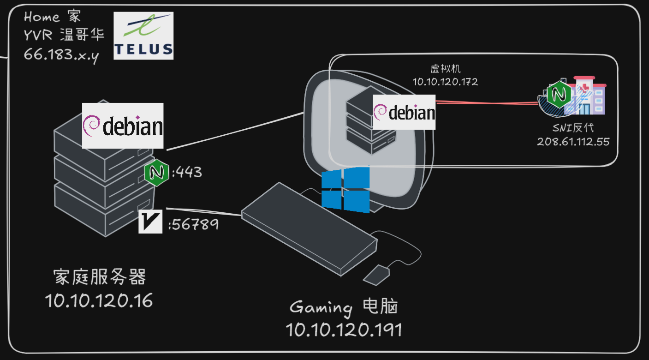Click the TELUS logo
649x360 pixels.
click(x=143, y=36)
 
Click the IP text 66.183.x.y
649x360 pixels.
click(x=61, y=54)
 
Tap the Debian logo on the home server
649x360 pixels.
click(x=123, y=126)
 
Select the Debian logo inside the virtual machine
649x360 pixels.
click(x=404, y=112)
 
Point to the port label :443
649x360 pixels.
click(x=187, y=173)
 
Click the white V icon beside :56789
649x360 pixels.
click(x=150, y=222)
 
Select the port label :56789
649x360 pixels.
click(x=193, y=225)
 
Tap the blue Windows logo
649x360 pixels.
click(x=345, y=190)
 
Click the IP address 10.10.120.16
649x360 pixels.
click(x=99, y=301)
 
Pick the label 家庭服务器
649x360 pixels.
click(x=100, y=278)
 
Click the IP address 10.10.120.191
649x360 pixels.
click(x=344, y=330)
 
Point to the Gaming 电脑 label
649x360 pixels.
click(x=344, y=307)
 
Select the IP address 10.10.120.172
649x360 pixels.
click(x=445, y=82)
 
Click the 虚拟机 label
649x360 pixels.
click(x=445, y=69)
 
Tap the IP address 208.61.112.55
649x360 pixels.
click(x=573, y=141)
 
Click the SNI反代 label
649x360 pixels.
click(x=573, y=128)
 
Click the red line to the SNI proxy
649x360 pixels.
click(x=484, y=102)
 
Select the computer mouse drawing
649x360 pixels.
click(x=377, y=274)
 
